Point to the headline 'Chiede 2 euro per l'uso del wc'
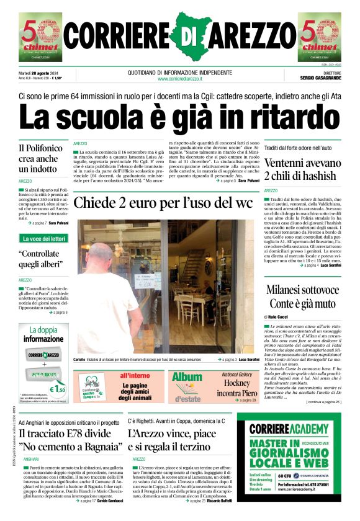pos(163,203)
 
